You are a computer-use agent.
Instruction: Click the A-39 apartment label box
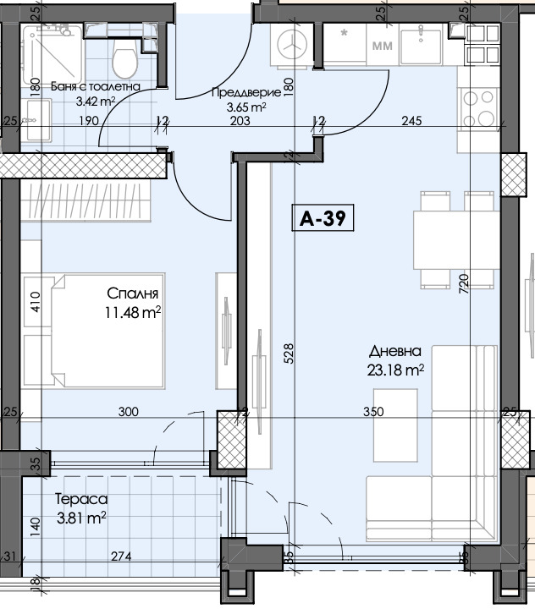323,217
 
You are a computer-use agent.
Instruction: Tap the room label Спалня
132,293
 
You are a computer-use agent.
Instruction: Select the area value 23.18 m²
395,370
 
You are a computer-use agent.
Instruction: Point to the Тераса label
81,499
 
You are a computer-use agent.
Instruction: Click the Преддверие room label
246,92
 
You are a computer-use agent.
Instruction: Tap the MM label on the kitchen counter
382,46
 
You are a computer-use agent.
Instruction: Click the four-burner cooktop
478,107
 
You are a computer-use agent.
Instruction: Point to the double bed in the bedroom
108,331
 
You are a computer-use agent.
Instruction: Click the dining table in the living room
456,240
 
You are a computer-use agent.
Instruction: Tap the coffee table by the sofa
395,425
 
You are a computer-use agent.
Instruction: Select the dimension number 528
289,354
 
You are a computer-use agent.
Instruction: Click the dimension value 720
464,284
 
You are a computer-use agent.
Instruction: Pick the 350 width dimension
373,412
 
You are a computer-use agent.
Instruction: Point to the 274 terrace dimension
121,556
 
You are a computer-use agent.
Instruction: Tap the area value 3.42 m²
96,101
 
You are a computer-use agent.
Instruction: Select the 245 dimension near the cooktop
411,121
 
